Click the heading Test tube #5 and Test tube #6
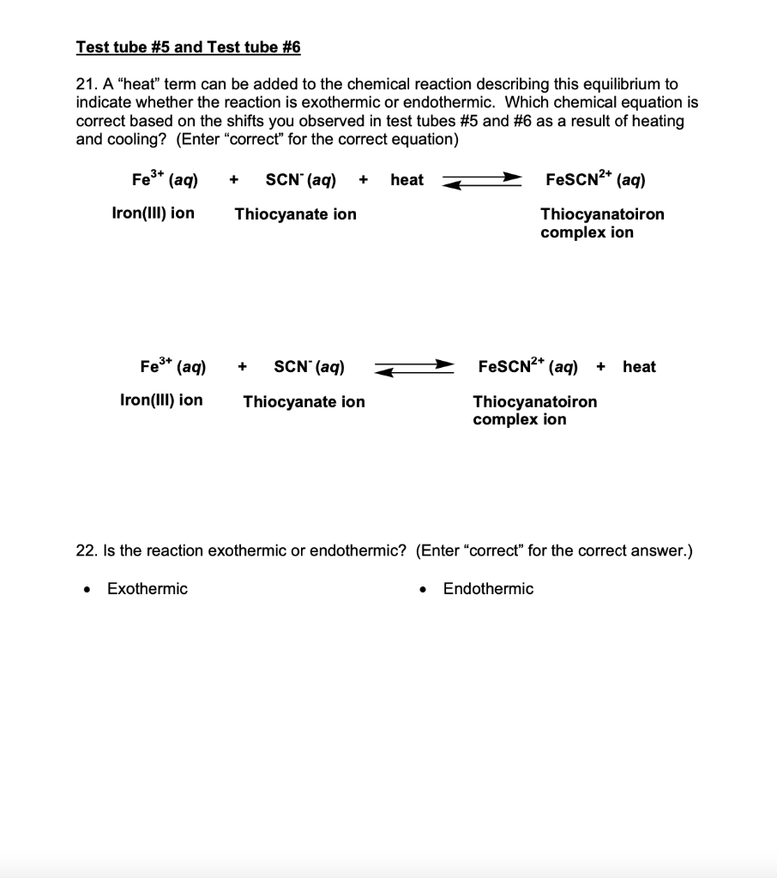(188, 48)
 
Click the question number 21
(85, 85)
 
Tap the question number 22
(86, 550)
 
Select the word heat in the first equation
(407, 180)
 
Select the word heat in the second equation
(639, 367)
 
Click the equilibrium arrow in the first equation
(481, 180)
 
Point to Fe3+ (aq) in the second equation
(173, 367)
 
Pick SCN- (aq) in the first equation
(300, 180)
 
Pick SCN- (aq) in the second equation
(309, 367)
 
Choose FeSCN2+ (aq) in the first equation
(595, 180)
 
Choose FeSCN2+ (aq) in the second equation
(527, 367)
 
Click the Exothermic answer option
(147, 589)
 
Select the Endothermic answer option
(488, 589)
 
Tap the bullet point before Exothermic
(86, 590)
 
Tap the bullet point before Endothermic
(423, 590)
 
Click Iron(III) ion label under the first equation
(153, 213)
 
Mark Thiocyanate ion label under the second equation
(304, 401)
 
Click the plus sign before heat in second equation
(601, 368)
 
